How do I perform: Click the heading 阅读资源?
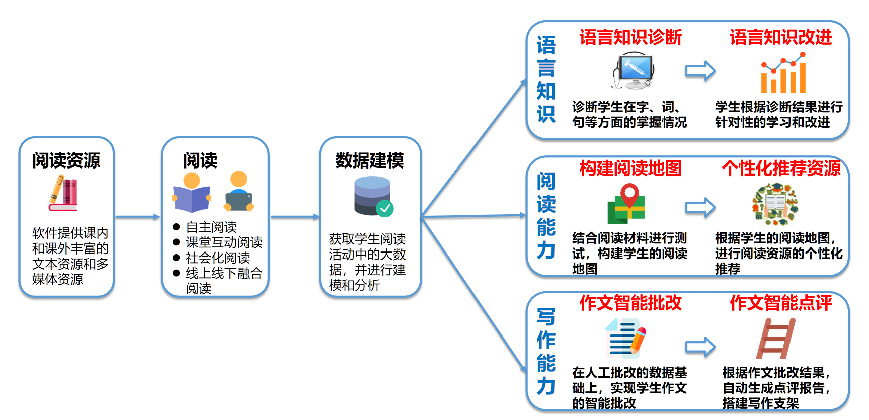coord(66,160)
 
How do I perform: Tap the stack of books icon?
coord(63,193)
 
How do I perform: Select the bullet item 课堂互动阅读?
coord(224,242)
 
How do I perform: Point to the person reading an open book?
coord(191,193)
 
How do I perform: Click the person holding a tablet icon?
coord(239,192)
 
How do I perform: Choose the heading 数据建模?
coord(370,160)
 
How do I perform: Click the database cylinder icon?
coord(373,196)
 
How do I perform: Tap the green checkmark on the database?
coord(385,208)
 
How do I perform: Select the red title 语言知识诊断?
coord(630,37)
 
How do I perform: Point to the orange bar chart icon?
coord(783,73)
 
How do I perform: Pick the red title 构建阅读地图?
coord(630,168)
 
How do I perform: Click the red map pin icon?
coord(629,195)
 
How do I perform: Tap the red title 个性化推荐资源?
coord(781,168)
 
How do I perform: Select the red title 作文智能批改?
coord(630,303)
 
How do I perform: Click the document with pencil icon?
coord(625,338)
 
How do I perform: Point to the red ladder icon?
coord(775,339)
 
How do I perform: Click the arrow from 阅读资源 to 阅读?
coord(137,217)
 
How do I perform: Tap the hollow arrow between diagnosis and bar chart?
coord(700,71)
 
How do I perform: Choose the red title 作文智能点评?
coord(781,303)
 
